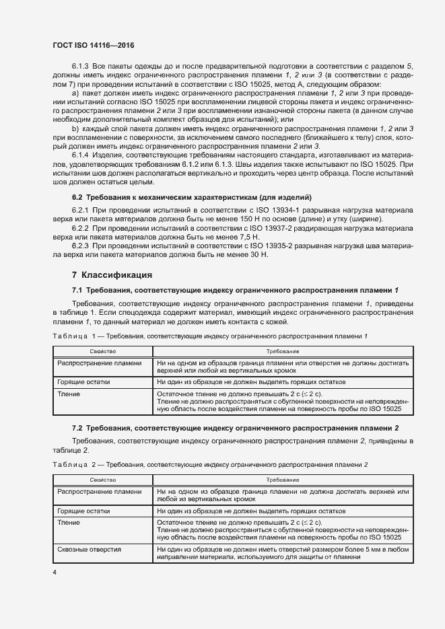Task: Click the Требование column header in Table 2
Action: pos(282,480)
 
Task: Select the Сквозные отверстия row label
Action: pos(90,550)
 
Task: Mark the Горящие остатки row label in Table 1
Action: pos(84,381)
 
